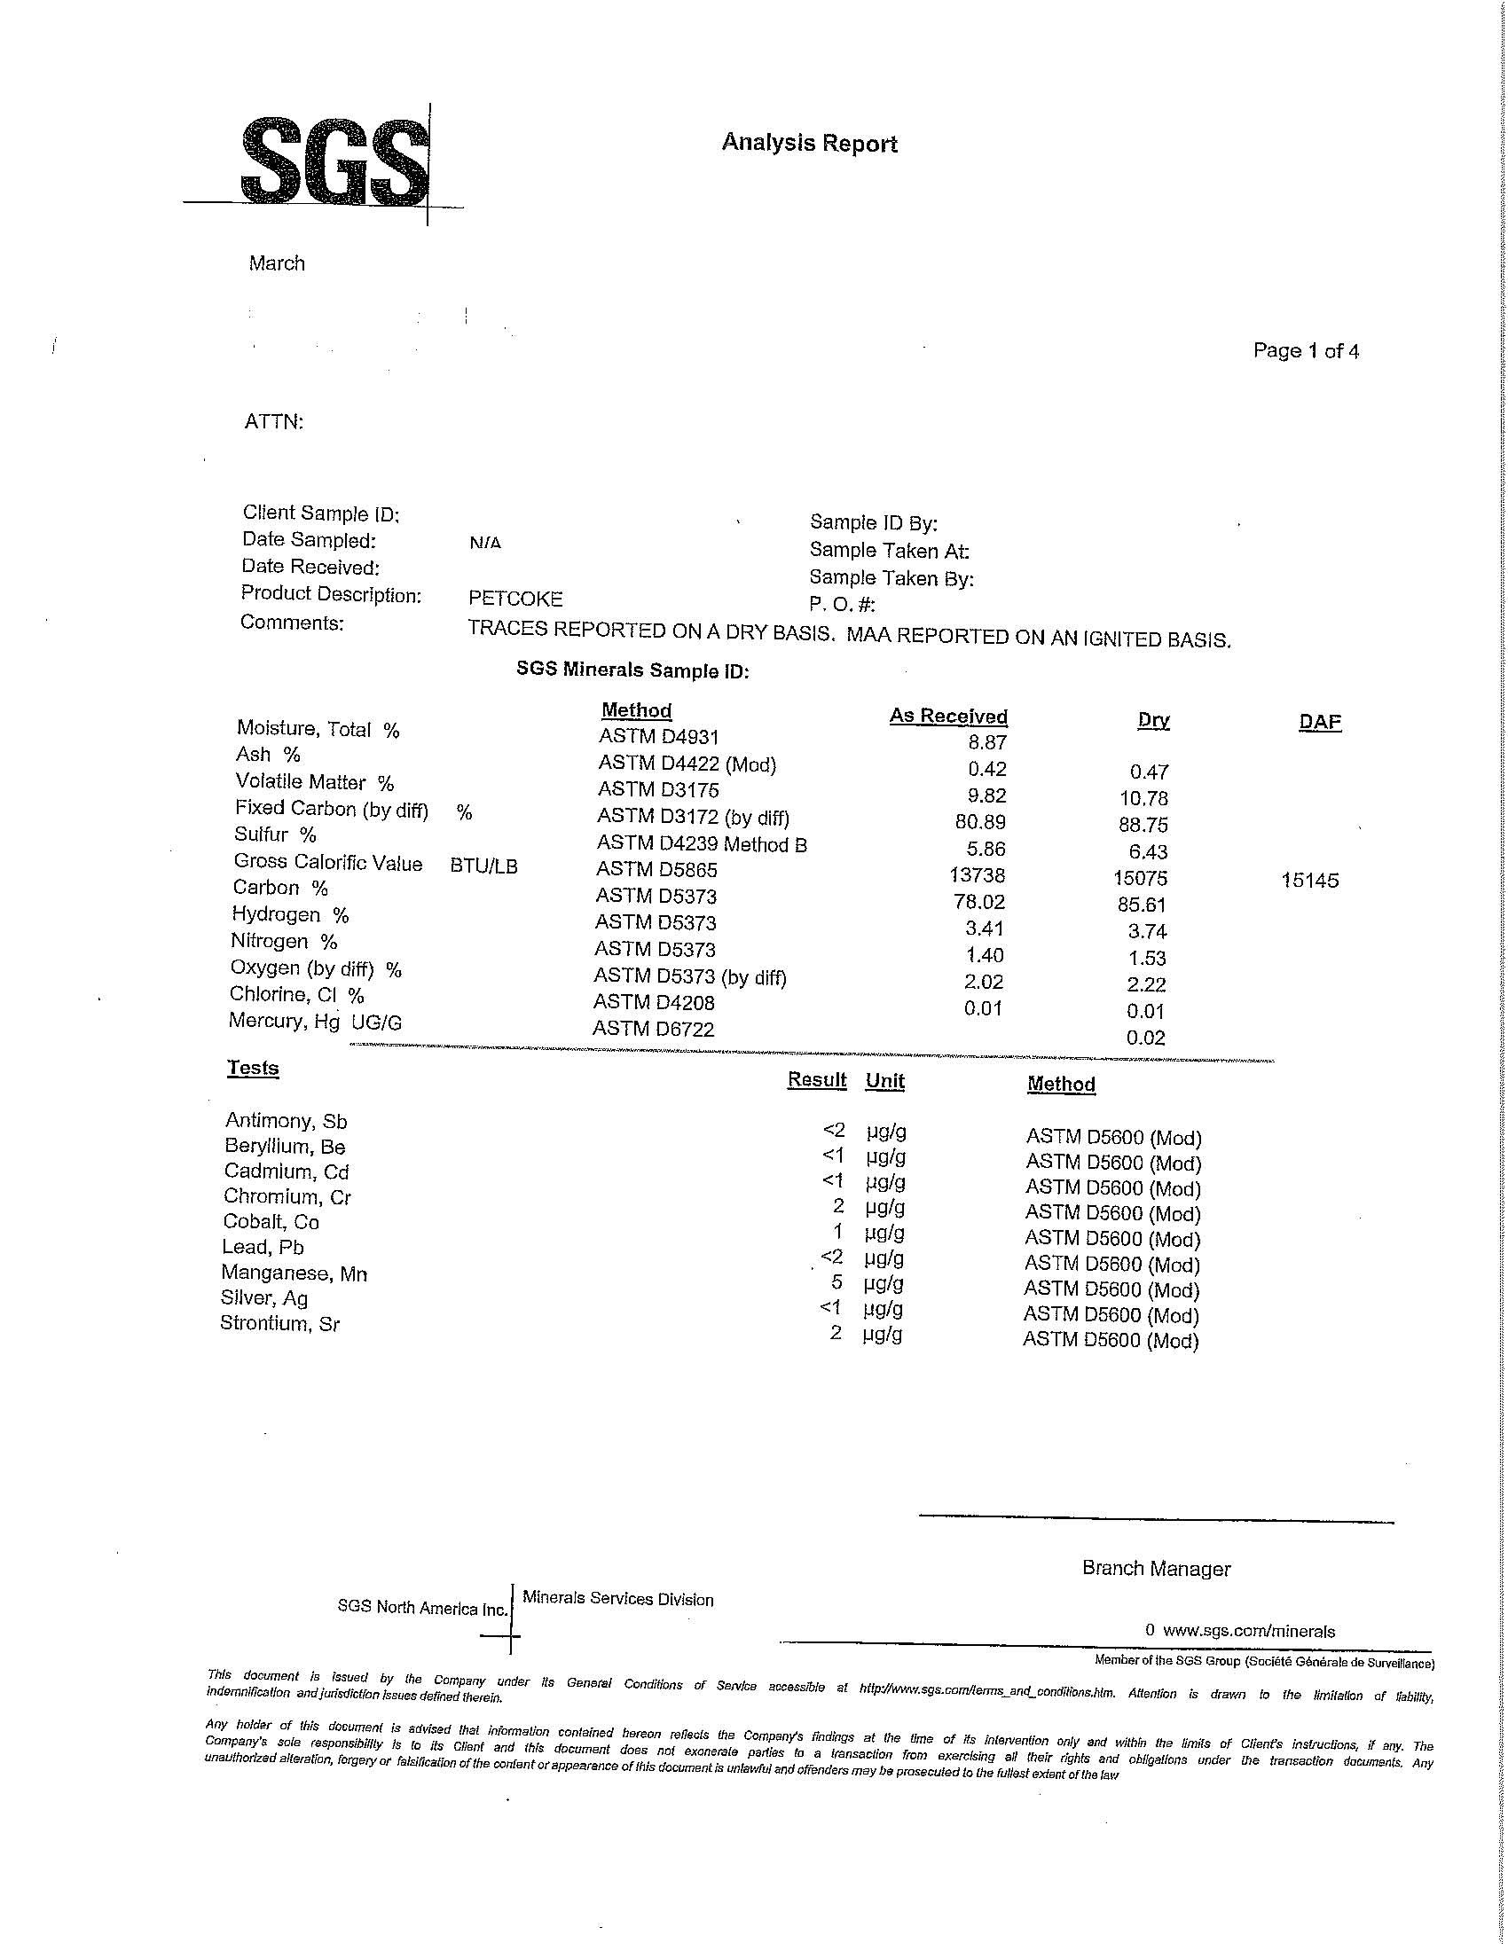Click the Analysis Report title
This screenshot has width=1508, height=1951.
[808, 143]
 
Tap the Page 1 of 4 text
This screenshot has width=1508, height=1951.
[1305, 351]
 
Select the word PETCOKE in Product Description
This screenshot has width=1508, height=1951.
[515, 599]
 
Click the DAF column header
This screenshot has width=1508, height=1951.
[1320, 722]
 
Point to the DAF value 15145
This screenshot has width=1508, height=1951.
[1309, 881]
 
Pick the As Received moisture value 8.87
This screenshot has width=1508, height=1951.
[987, 742]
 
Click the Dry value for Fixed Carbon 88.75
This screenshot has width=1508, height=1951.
[1143, 825]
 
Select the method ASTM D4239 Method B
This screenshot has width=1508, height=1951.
[702, 844]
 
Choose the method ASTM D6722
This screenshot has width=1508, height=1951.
[653, 1029]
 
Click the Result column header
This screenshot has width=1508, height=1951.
[816, 1079]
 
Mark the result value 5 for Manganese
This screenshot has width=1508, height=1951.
[837, 1283]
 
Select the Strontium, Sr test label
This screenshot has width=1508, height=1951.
[279, 1324]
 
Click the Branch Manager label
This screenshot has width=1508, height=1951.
[1156, 1569]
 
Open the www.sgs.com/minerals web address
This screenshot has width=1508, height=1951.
[1248, 1631]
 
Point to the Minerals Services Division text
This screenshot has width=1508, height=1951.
[617, 1599]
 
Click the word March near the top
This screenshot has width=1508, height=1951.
[277, 263]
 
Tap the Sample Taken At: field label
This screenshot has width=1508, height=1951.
[889, 552]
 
